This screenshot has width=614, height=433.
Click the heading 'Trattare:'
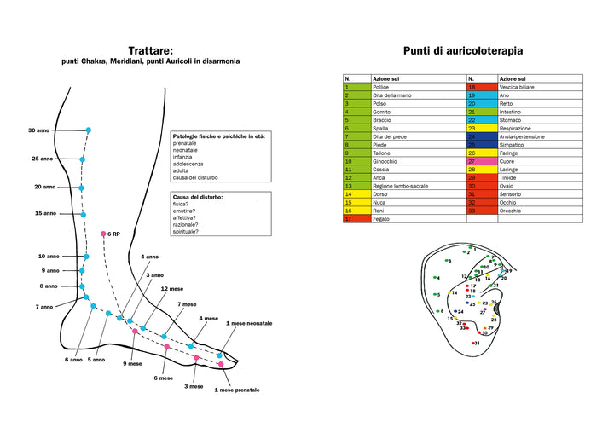click(x=150, y=50)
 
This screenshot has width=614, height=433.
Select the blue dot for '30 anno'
click(x=89, y=130)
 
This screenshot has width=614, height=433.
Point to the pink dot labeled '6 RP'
click(x=103, y=234)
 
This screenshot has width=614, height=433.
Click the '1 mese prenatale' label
click(x=236, y=390)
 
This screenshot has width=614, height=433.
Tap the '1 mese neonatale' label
click(x=249, y=324)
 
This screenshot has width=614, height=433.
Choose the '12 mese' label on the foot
click(x=171, y=288)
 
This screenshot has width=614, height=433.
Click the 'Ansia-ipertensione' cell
click(x=522, y=136)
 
